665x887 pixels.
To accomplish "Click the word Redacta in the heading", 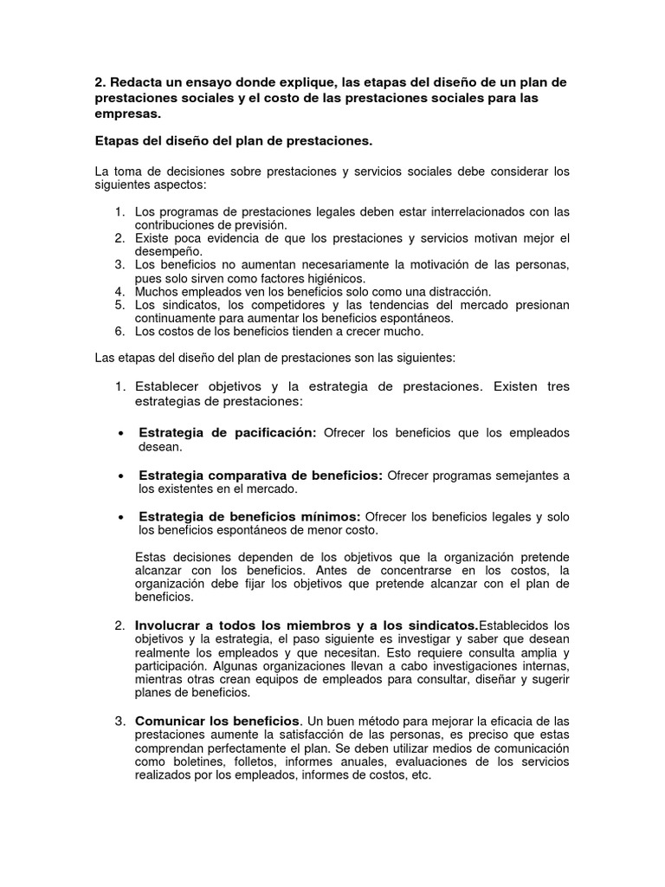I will (135, 82).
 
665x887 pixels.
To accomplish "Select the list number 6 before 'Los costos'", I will (119, 331).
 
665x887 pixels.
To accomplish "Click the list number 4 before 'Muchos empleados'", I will (119, 291).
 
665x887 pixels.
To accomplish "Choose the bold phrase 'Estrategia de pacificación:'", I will (228, 433).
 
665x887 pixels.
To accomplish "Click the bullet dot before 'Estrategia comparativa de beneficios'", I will (119, 476).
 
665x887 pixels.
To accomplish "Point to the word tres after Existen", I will (558, 386).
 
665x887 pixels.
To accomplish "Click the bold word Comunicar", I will (171, 721).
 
